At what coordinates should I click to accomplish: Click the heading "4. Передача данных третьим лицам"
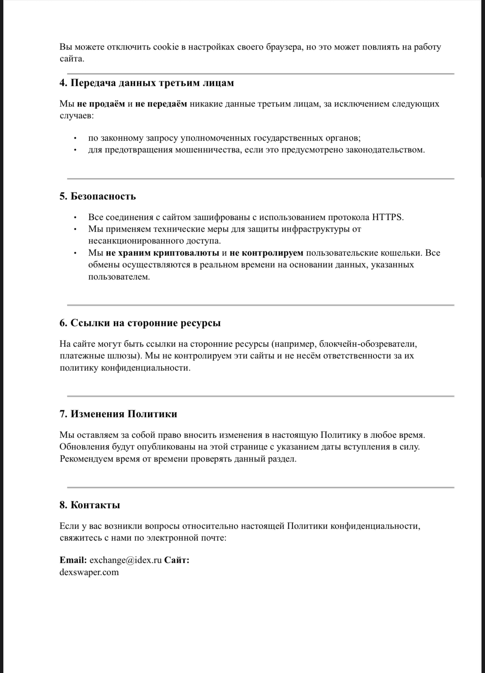(147, 83)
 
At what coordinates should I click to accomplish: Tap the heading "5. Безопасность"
(98, 196)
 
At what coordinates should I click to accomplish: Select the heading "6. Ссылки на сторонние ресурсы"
(140, 323)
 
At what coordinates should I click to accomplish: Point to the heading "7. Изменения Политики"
(118, 414)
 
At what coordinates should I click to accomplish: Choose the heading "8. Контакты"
(90, 505)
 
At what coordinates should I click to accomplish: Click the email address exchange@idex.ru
(126, 560)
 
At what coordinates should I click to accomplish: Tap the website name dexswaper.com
(89, 572)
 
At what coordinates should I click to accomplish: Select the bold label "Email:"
(73, 560)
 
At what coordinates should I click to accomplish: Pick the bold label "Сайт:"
(177, 560)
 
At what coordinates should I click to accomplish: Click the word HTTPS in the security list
(387, 217)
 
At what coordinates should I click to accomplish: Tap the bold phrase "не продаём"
(101, 104)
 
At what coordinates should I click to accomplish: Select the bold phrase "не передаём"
(161, 104)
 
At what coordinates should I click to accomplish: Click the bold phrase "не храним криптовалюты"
(163, 253)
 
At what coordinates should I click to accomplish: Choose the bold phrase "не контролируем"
(266, 253)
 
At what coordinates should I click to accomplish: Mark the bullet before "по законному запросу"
(75, 138)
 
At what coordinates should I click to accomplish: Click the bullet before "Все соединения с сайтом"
(75, 217)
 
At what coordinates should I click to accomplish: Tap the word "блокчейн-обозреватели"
(368, 344)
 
